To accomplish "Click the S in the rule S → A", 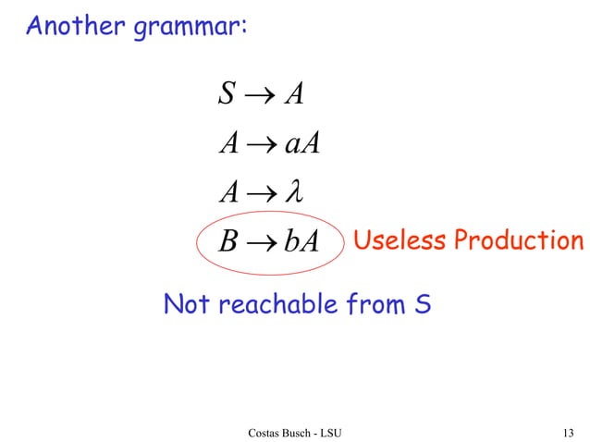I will (x=226, y=93).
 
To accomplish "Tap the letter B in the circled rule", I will (x=227, y=243).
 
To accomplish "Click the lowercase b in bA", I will (x=290, y=242).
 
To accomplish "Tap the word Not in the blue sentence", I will (x=185, y=303).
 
